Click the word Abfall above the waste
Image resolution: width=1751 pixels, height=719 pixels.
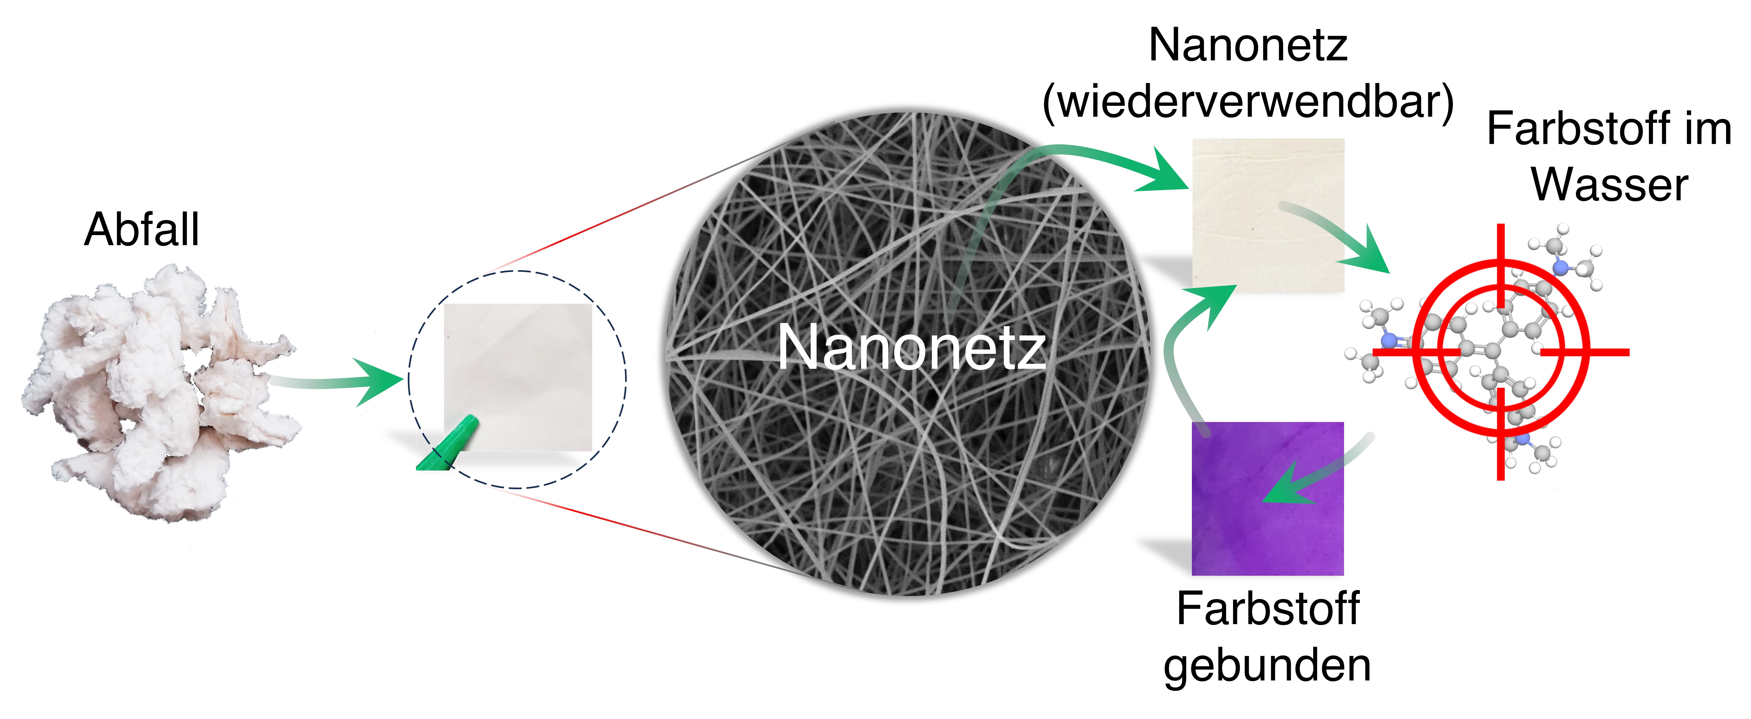pyautogui.click(x=141, y=230)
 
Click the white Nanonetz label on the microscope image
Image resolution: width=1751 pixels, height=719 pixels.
pyautogui.click(x=911, y=348)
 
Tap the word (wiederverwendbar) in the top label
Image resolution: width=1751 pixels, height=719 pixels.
pyautogui.click(x=1248, y=102)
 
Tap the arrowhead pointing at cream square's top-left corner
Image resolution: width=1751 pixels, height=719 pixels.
pyautogui.click(x=1166, y=173)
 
